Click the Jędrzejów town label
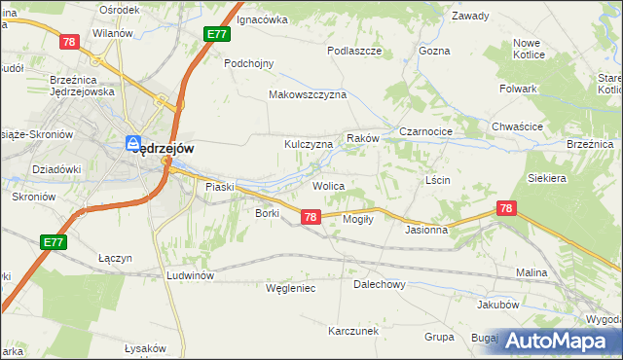(x=167, y=148)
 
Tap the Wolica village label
(x=328, y=185)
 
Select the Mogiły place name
(x=359, y=219)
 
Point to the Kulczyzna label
(x=309, y=144)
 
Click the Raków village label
(x=363, y=139)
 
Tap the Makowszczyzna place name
(x=308, y=95)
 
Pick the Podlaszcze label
(x=353, y=50)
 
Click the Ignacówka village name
(x=263, y=18)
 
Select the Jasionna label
(x=426, y=231)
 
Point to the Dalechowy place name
(x=379, y=285)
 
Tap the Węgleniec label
(x=291, y=288)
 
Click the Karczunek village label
(x=352, y=331)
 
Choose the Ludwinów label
(x=190, y=275)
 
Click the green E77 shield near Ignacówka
(x=217, y=35)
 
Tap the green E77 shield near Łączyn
(x=54, y=241)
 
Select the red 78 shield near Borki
(x=310, y=217)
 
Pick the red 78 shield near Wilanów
(x=68, y=41)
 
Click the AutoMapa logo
(x=558, y=341)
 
